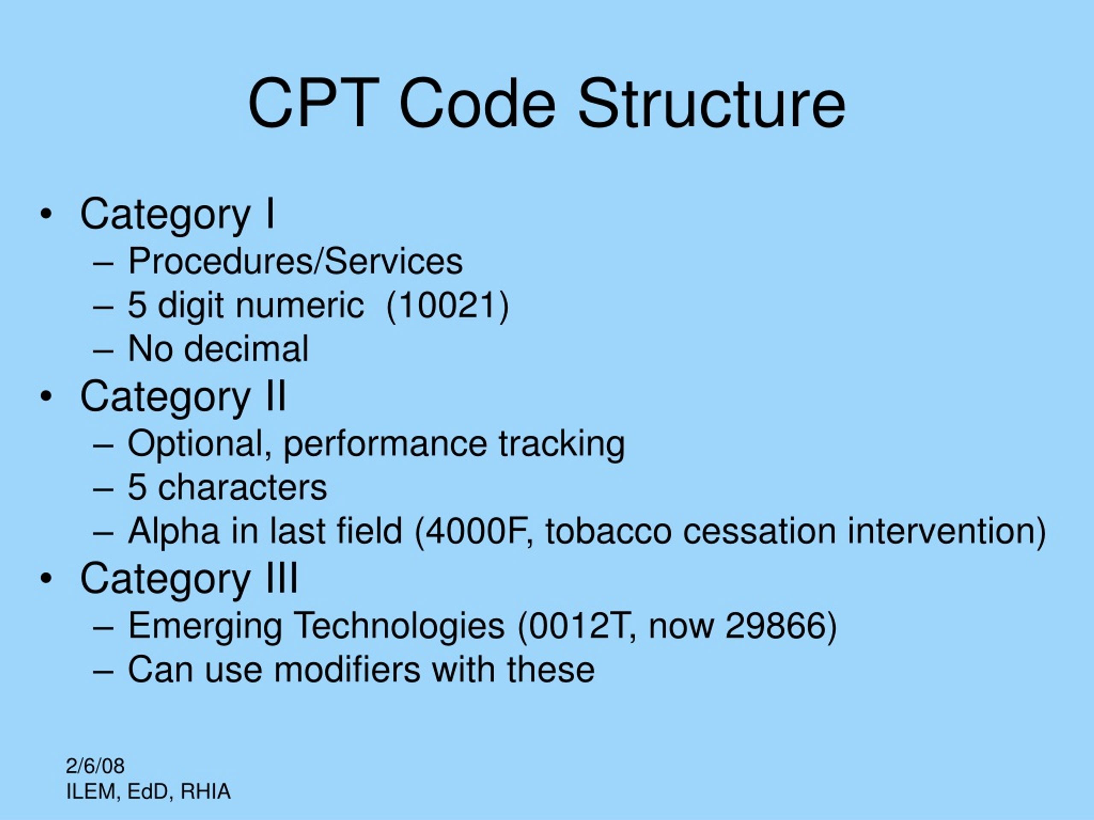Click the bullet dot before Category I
pos(46,214)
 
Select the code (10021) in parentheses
pos(447,305)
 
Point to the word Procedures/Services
pos(295,261)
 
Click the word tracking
pos(562,443)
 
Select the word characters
pos(242,487)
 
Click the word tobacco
pos(609,531)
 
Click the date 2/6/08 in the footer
pos(95,766)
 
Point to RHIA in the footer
pos(205,791)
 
